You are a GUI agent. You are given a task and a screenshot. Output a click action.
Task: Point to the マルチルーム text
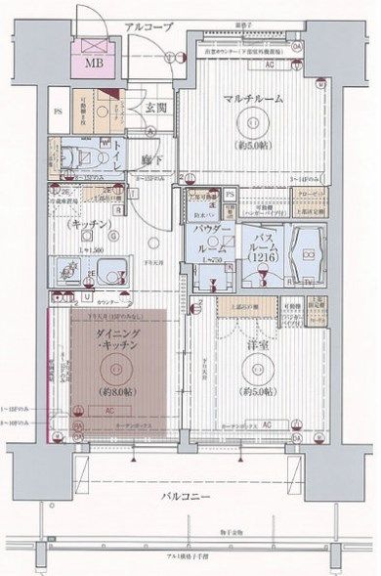tap(252, 101)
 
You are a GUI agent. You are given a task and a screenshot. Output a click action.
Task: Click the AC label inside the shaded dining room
tap(110, 411)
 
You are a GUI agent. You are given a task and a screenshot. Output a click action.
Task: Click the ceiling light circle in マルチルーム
tap(254, 123)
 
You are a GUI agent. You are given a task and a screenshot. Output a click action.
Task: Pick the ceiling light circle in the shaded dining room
tap(118, 368)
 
